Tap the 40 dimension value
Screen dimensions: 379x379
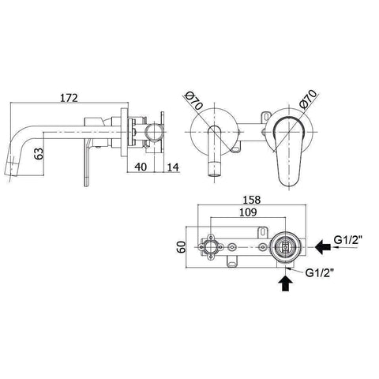coord(138,166)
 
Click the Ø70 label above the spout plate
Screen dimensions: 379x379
coord(193,101)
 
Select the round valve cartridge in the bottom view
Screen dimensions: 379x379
coord(285,247)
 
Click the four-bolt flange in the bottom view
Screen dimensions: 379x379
coord(212,247)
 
